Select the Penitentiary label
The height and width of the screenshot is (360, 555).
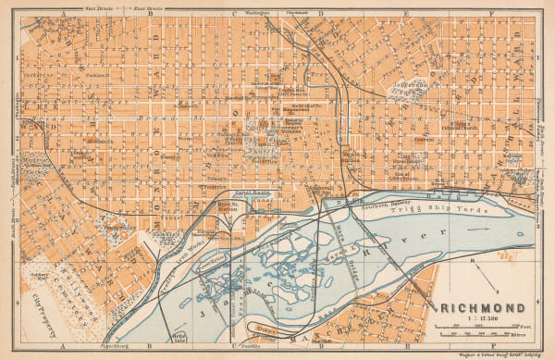point(118,227)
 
